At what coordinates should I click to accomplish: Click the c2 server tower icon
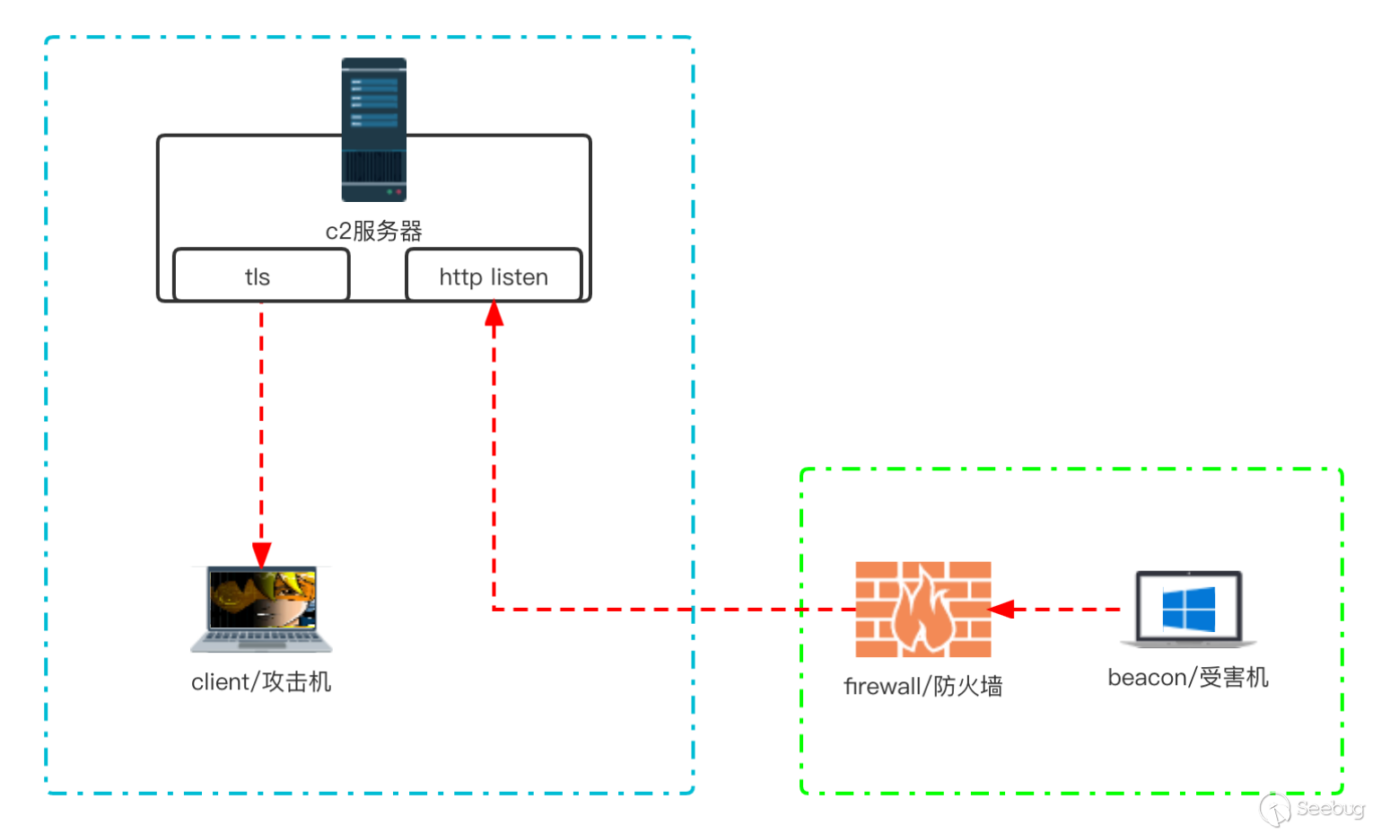pos(373,129)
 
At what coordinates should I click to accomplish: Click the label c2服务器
pos(373,231)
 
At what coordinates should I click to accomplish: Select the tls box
pos(260,276)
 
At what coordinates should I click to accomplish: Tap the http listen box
pos(494,276)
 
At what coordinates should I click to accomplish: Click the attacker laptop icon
pos(261,608)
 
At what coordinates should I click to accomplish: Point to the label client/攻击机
pos(261,682)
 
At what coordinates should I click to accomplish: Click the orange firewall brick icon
pos(922,610)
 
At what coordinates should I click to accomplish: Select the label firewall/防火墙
pos(922,687)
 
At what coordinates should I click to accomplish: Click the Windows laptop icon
pos(1188,609)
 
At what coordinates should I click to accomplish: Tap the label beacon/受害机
pos(1188,678)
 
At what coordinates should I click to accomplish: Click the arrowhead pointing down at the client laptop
pos(261,555)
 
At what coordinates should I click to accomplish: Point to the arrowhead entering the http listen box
pos(494,314)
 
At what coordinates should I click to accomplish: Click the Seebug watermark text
pos(1329,809)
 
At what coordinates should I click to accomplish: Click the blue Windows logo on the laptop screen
pos(1188,609)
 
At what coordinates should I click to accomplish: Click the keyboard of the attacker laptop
pos(261,639)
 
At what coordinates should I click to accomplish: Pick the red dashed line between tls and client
pos(261,422)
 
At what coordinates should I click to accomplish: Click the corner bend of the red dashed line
pos(494,610)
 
